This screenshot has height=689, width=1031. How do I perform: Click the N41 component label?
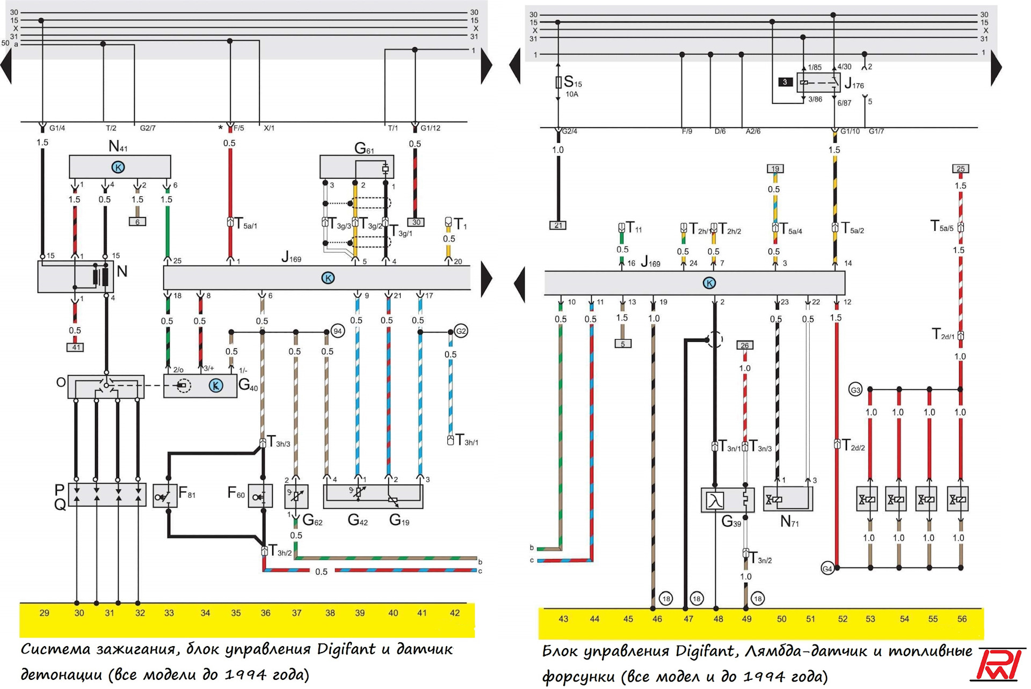[118, 146]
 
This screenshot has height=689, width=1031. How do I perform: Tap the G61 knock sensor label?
[364, 149]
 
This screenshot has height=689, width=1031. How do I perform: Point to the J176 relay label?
[854, 84]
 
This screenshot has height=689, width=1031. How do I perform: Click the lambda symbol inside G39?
[715, 501]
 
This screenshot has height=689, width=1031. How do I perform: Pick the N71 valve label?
[789, 521]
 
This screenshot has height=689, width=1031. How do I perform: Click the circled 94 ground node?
[338, 331]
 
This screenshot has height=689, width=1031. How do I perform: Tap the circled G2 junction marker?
[461, 331]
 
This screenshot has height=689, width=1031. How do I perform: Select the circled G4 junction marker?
[827, 569]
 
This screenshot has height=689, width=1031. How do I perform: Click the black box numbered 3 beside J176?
[785, 82]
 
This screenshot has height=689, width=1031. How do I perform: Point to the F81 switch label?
[187, 493]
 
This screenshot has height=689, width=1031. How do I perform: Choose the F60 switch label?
[236, 493]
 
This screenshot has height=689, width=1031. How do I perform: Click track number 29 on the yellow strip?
[45, 613]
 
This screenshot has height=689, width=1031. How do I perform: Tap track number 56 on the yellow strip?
[962, 619]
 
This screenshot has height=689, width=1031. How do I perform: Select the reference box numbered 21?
[558, 225]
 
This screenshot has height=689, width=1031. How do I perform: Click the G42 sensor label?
[358, 520]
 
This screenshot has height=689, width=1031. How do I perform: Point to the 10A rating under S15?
[572, 94]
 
